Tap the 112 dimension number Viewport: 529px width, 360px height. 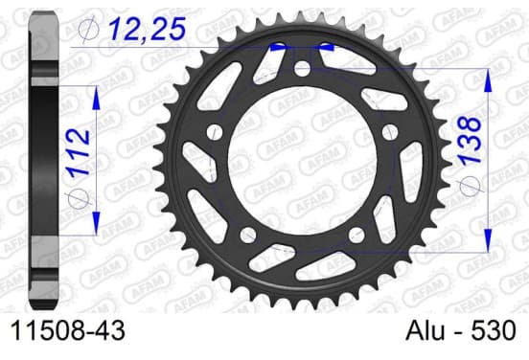[79, 152]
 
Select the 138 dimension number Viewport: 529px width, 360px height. [470, 141]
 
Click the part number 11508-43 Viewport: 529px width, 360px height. [68, 330]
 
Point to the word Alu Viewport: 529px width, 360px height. [425, 330]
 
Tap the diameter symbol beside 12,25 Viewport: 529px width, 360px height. [88, 30]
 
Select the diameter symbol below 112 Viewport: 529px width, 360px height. [79, 198]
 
